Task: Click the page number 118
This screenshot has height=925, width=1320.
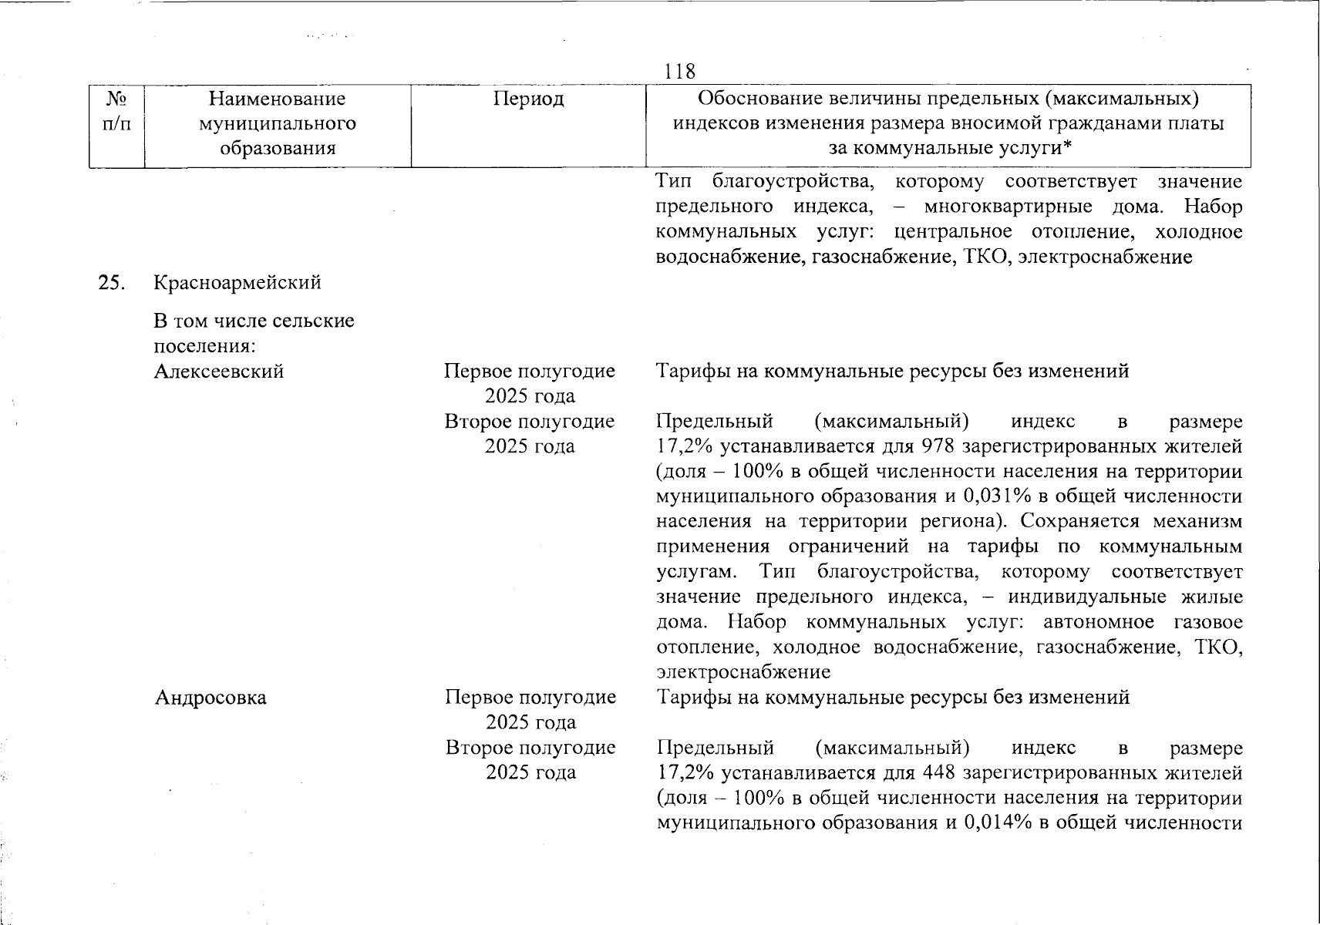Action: [x=679, y=72]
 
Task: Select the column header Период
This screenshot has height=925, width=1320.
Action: [x=529, y=99]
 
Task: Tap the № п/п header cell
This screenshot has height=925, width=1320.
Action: [x=116, y=112]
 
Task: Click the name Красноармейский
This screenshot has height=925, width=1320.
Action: [x=237, y=283]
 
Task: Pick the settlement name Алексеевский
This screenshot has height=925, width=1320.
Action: [x=219, y=372]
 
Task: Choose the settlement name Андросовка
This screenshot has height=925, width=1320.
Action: [x=210, y=698]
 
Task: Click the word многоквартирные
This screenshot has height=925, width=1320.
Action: [x=1008, y=207]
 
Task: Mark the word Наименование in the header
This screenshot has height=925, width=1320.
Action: [x=277, y=99]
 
